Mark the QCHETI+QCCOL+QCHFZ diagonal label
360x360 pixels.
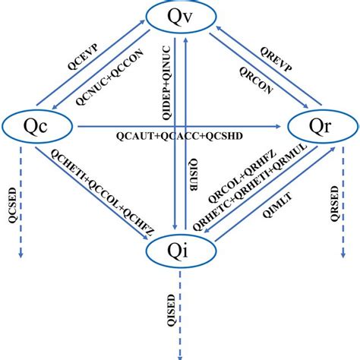coord(99,187)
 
